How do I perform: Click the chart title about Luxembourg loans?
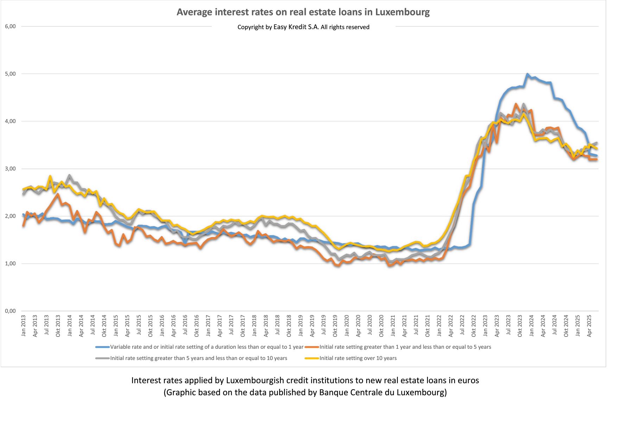click(303, 12)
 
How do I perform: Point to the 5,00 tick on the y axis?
click(10, 74)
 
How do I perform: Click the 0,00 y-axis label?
click(10, 311)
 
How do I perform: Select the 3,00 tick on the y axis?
click(10, 169)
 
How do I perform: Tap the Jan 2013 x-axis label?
click(24, 326)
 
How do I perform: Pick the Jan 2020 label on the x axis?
click(347, 326)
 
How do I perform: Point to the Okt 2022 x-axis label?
click(473, 326)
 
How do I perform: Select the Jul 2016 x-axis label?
click(185, 326)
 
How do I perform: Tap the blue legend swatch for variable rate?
click(102, 347)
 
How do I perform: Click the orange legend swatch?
click(312, 347)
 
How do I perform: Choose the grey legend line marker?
click(102, 358)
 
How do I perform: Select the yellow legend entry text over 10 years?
click(358, 358)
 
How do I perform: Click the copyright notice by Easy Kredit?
click(303, 27)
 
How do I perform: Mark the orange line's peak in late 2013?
click(58, 194)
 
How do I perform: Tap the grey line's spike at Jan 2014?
click(70, 175)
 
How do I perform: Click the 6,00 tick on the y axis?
click(10, 26)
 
